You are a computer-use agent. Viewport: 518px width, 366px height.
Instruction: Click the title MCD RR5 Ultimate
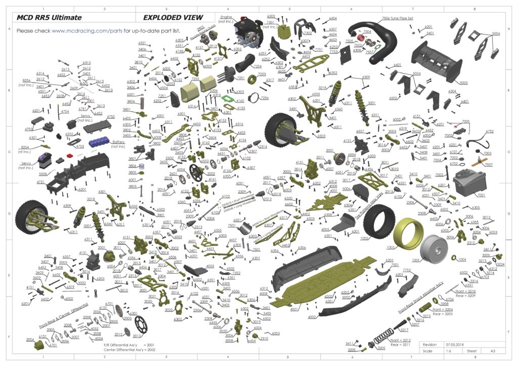(49, 17)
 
